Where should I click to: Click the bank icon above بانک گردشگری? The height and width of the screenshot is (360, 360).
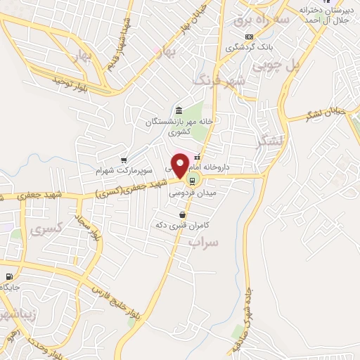(248, 37)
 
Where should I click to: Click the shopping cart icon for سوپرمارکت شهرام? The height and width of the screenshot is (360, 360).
(124, 160)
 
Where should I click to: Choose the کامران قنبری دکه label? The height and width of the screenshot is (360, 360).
(182, 226)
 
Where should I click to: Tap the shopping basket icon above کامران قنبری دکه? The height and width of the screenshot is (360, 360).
(183, 214)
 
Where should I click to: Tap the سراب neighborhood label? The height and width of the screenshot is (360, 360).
(204, 242)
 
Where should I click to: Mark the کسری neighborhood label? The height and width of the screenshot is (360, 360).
(48, 228)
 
